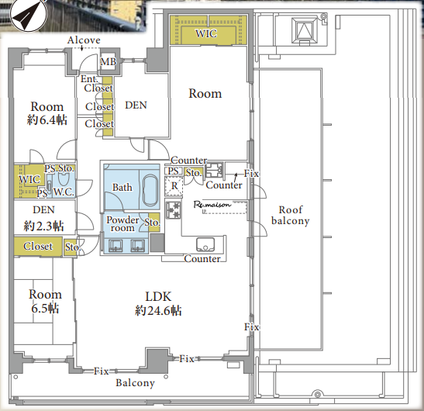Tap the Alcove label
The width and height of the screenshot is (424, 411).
pyautogui.click(x=84, y=40)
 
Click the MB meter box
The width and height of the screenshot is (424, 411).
pyautogui.click(x=109, y=62)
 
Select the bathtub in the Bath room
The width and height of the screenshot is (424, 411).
pyautogui.click(x=150, y=190)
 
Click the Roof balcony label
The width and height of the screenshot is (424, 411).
pyautogui.click(x=291, y=215)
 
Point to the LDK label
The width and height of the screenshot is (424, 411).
pyautogui.click(x=158, y=296)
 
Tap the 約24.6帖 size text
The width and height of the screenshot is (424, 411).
pyautogui.click(x=158, y=311)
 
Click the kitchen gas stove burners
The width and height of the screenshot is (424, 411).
pyautogui.click(x=173, y=210)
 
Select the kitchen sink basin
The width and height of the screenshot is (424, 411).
pyautogui.click(x=205, y=244)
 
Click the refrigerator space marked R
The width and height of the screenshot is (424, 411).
pyautogui.click(x=174, y=186)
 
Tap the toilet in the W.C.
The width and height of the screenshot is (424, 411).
pyautogui.click(x=64, y=178)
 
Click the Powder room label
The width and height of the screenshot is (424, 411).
pyautogui.click(x=122, y=223)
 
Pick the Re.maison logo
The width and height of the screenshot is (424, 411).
pyautogui.click(x=212, y=205)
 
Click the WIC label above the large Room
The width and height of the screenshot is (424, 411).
pyautogui.click(x=206, y=33)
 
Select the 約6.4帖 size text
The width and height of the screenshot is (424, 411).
pyautogui.click(x=47, y=119)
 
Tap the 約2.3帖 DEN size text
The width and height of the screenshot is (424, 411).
pyautogui.click(x=44, y=226)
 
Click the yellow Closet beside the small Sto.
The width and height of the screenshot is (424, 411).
pyautogui.click(x=38, y=247)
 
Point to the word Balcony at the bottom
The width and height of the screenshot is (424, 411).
pyautogui.click(x=135, y=383)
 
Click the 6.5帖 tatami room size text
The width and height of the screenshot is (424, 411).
pyautogui.click(x=45, y=309)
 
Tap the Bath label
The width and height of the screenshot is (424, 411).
pyautogui.click(x=122, y=187)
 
